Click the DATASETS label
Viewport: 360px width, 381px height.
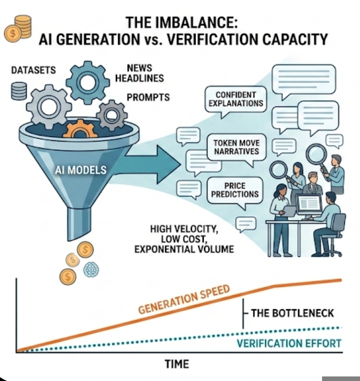click(33, 70)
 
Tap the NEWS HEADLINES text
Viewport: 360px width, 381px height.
click(139, 73)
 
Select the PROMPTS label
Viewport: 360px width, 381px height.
click(148, 97)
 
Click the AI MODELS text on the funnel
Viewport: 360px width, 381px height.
click(81, 170)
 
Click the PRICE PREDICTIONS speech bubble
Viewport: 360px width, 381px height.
click(235, 190)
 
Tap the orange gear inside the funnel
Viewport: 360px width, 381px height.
click(80, 129)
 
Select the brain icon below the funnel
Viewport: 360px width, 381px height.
click(91, 270)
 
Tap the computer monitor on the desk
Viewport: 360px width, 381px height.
click(308, 205)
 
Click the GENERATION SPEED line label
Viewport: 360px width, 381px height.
click(184, 299)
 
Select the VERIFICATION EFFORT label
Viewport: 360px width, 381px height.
click(289, 344)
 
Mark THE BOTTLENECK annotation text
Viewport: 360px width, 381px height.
click(292, 313)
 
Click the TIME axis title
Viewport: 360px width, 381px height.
click(177, 364)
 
